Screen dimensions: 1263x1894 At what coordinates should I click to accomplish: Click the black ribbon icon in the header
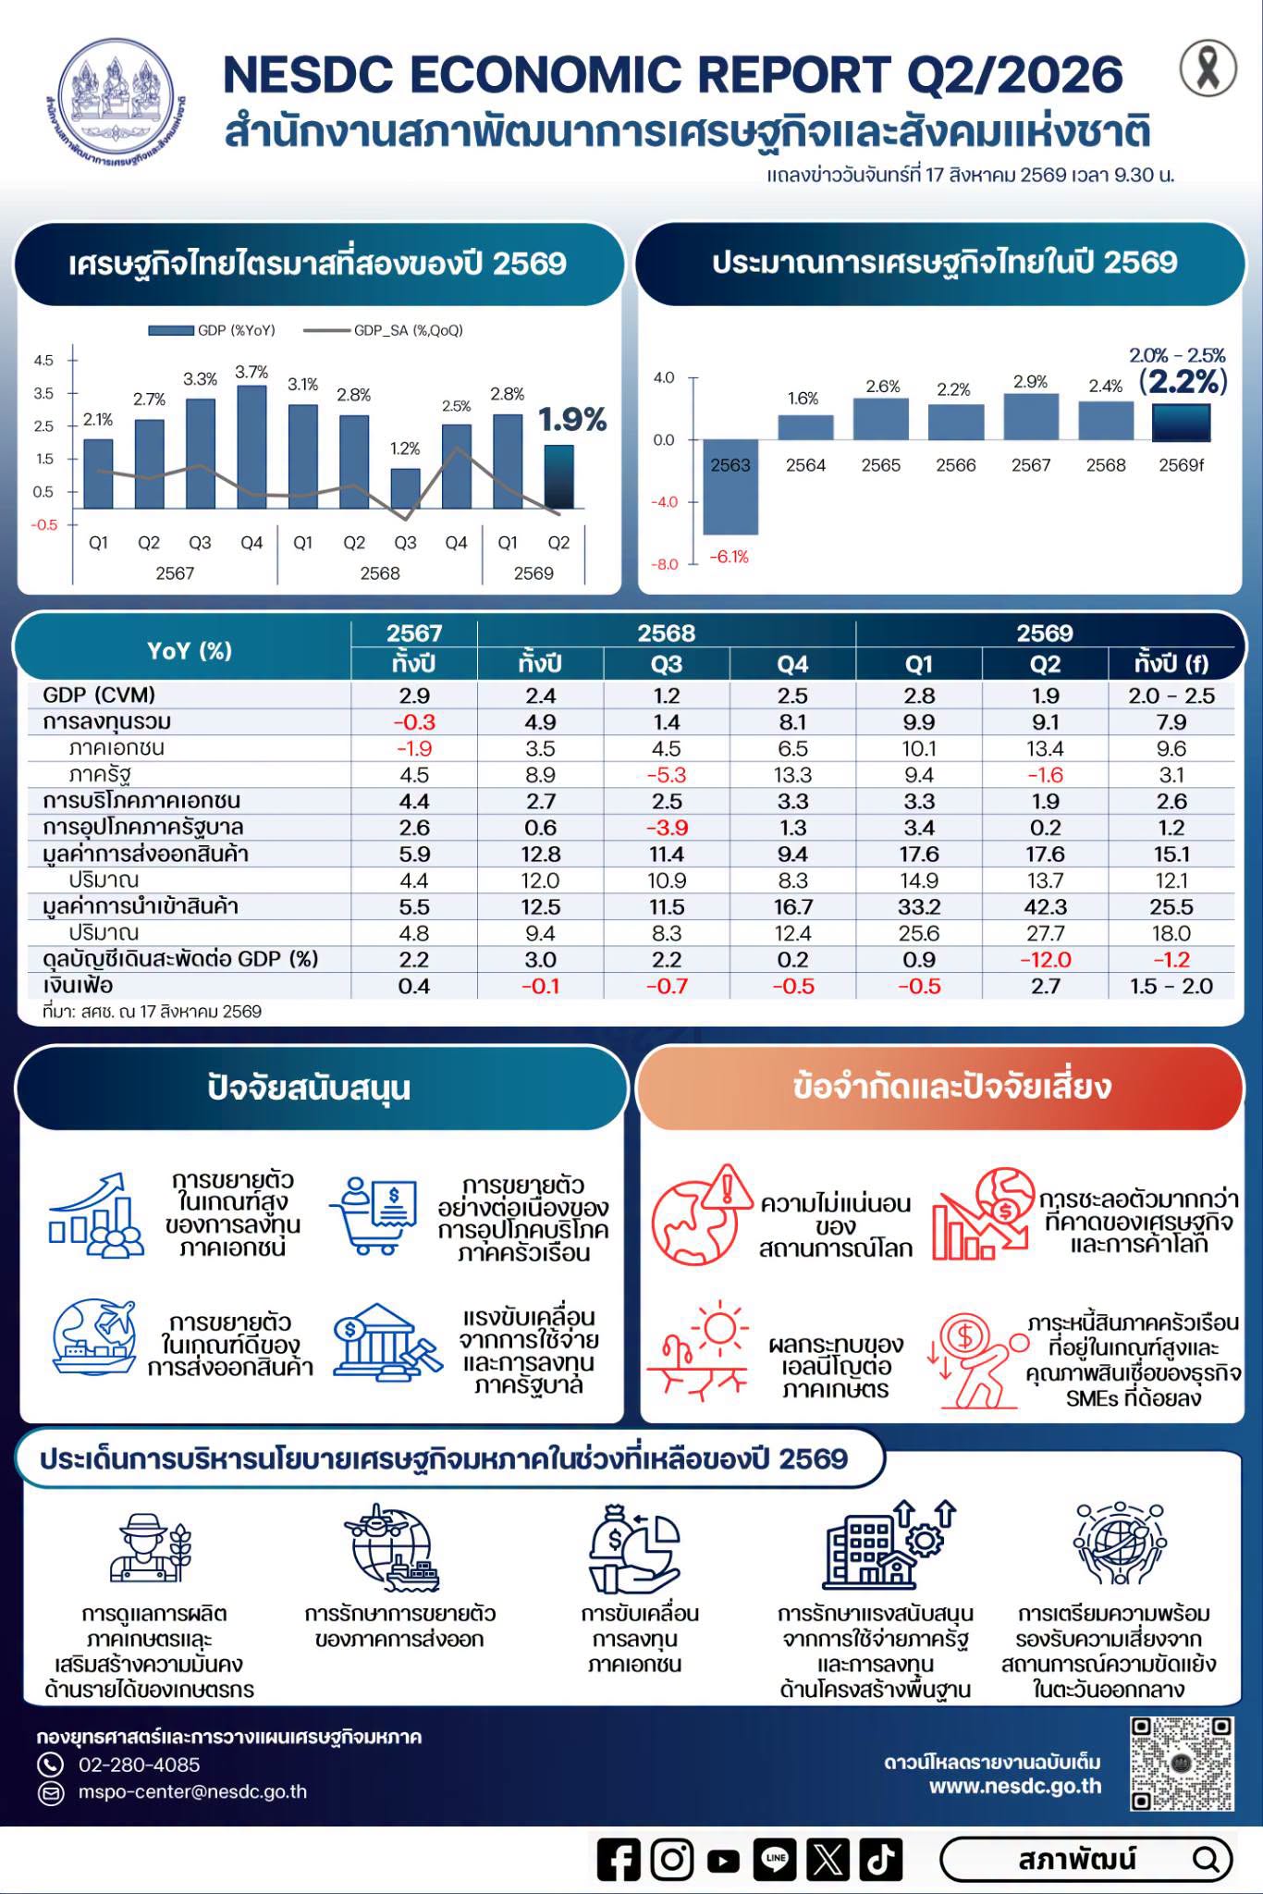tap(1208, 68)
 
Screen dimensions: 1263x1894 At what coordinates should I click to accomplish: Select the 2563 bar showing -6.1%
tap(730, 487)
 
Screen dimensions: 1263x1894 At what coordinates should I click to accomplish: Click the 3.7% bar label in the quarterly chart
tap(251, 373)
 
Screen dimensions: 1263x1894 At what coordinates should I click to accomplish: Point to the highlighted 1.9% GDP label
tap(572, 421)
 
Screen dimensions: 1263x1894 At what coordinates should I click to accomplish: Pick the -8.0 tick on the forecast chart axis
tap(666, 564)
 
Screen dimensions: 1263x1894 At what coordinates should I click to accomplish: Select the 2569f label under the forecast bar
tap(1182, 465)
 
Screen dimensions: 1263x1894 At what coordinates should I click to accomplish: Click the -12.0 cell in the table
tap(1045, 959)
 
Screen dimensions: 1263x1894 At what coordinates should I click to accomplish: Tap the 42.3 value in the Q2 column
tap(1045, 906)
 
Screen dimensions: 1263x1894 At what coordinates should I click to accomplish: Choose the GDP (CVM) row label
tap(99, 695)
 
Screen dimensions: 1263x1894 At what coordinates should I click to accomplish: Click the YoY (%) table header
tap(190, 650)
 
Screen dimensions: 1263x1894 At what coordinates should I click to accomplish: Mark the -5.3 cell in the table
tap(667, 775)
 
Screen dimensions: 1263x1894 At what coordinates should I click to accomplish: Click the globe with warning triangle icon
tap(702, 1214)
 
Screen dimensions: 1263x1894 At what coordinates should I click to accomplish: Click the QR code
tap(1183, 1764)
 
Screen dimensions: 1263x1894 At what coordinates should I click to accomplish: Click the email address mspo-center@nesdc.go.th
tap(192, 1791)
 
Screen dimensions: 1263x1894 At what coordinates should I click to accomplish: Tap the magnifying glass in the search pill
tap(1206, 1859)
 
